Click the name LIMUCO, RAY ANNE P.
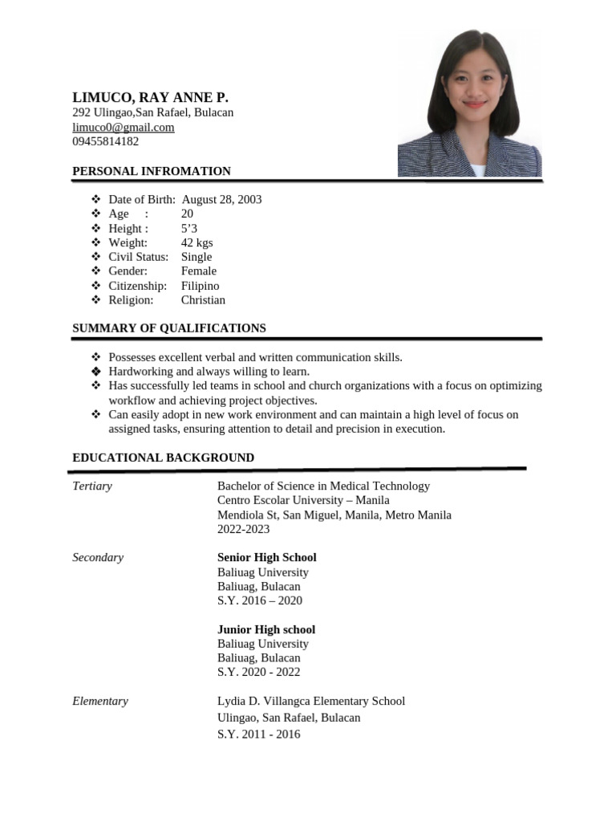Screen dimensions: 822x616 tap(150, 97)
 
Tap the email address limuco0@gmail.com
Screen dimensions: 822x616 tap(124, 127)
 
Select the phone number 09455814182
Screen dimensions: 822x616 tap(105, 141)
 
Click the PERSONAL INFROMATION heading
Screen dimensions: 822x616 tap(152, 171)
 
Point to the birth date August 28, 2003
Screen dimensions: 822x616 tap(221, 199)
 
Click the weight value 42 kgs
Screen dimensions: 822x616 tap(197, 242)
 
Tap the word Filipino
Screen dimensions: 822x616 tap(200, 286)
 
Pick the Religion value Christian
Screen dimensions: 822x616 tap(203, 300)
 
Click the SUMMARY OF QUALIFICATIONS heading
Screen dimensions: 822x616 tap(169, 328)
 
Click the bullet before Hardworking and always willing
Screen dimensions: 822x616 tap(95, 372)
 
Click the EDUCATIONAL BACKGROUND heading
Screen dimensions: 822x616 tap(163, 458)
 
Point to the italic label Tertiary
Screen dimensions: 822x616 tap(92, 486)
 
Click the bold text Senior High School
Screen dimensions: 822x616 tap(266, 557)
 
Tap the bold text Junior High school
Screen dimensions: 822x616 tap(265, 629)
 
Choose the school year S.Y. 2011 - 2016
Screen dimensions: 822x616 tap(258, 734)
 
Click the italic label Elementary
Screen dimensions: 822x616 tap(100, 701)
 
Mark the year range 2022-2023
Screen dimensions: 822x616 tap(243, 529)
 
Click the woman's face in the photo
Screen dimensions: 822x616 tap(474, 87)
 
